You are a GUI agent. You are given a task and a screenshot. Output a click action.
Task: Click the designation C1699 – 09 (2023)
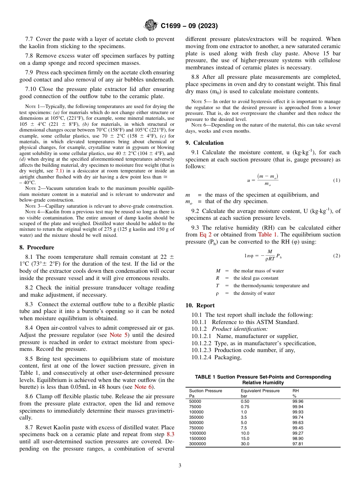coord(189,26)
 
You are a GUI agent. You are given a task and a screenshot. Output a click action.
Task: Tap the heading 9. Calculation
coord(204,143)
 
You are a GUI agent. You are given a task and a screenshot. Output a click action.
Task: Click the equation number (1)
coord(337,180)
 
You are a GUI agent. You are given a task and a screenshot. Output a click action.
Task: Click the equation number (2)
coord(337,256)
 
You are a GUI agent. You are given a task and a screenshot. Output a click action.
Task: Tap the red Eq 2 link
coord(205,235)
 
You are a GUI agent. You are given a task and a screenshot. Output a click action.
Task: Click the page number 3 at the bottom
coord(180,465)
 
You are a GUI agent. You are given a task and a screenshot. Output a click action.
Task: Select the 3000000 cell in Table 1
coord(197,444)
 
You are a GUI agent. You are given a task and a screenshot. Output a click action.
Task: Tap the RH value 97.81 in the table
coord(297,444)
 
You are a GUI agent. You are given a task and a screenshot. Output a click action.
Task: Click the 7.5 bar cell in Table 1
coord(244,428)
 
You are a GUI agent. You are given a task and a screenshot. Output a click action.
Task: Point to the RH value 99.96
coord(297,401)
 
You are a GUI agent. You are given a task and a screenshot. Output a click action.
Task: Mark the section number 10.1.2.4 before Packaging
coord(202,357)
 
